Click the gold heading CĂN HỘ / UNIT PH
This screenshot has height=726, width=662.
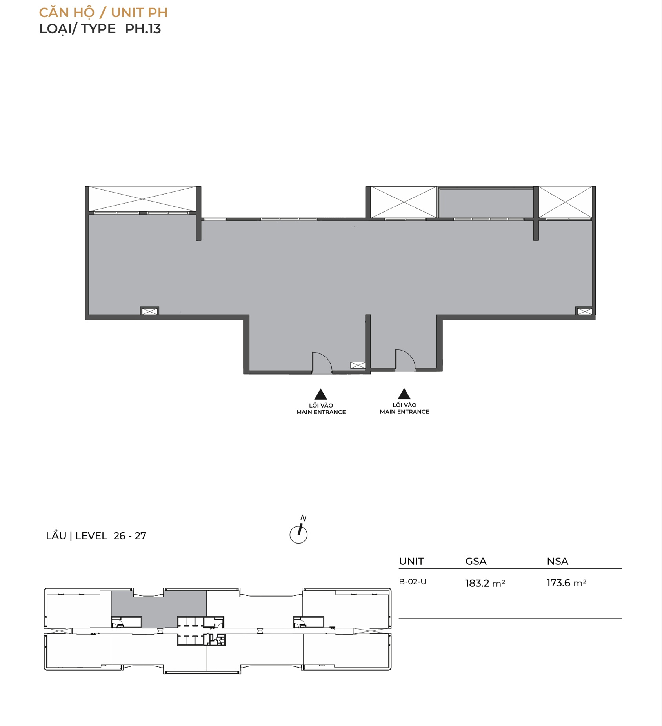click(103, 13)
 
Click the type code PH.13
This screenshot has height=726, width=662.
click(143, 29)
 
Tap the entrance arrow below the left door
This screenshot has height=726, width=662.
click(321, 394)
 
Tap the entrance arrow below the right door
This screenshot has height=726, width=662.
click(404, 394)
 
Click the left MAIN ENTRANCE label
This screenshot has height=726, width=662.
click(321, 412)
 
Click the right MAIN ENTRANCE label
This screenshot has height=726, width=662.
click(404, 412)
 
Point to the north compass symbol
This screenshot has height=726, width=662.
click(298, 531)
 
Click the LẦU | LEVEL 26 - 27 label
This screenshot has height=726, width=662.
click(96, 536)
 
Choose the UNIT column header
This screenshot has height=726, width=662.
click(411, 561)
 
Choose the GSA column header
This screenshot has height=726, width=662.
click(476, 561)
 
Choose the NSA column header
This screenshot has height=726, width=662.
click(557, 561)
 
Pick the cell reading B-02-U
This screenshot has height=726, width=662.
click(413, 582)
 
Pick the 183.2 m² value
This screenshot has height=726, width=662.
click(485, 583)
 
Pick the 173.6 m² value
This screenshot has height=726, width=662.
click(566, 583)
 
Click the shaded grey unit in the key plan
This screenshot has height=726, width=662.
click(158, 606)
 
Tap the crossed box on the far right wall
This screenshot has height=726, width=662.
click(584, 311)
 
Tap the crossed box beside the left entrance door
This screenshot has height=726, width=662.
click(358, 365)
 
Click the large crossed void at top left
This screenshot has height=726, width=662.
click(142, 199)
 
